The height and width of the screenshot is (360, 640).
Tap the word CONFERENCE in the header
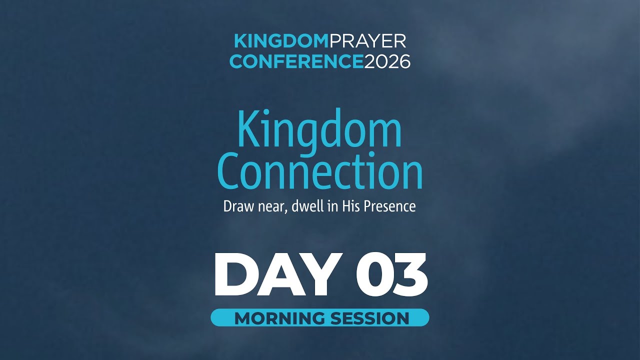point(296,61)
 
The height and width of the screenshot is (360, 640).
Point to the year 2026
point(387,61)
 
